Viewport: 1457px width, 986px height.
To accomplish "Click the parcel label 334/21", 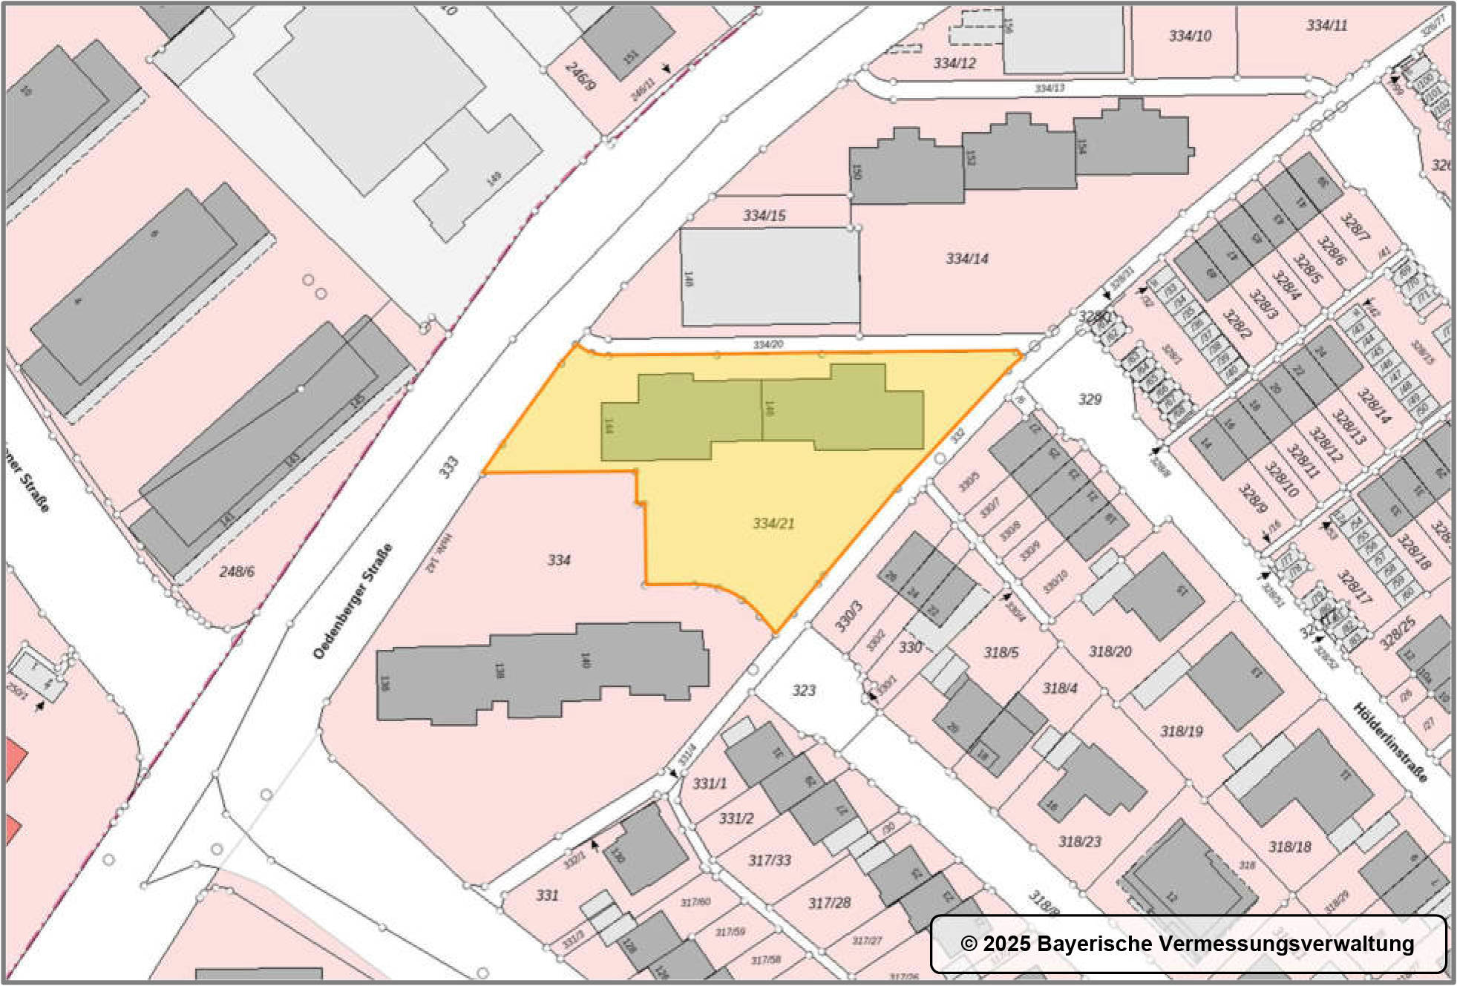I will point(773,523).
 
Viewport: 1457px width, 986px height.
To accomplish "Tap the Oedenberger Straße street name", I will point(353,602).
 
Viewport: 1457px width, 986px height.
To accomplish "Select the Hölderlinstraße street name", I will point(1389,742).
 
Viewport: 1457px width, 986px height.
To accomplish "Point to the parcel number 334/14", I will point(966,259).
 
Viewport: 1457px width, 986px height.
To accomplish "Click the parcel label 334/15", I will point(764,216).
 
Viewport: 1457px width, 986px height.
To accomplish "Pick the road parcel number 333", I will point(448,467).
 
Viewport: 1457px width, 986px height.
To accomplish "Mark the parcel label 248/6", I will point(237,571).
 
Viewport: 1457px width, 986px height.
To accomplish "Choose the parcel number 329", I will point(1089,399).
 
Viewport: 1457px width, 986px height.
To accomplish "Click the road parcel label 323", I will point(803,691).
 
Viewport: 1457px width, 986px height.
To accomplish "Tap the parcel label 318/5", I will point(1001,653).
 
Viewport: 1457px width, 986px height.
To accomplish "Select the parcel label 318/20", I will point(1110,651).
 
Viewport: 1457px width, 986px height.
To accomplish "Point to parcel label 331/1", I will point(710,783).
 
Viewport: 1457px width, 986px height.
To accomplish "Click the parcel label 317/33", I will point(769,861).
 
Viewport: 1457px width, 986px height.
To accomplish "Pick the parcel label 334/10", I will point(1190,36).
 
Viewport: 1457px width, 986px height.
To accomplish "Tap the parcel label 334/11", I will point(1326,25).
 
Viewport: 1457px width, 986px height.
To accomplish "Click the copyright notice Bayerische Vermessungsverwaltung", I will point(1188,944).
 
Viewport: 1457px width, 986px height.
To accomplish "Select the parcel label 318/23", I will point(1079,842).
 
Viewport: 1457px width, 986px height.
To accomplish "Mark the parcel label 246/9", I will point(580,76).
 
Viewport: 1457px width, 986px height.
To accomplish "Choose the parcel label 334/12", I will point(955,63).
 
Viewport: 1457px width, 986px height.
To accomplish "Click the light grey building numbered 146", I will point(770,276).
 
